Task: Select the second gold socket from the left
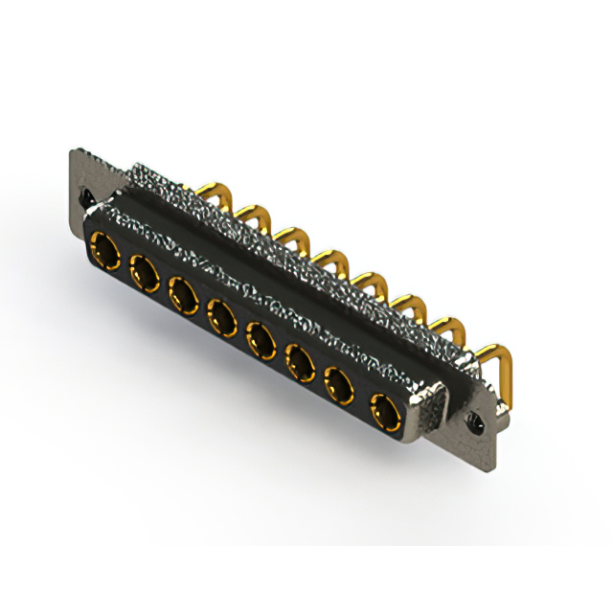point(144,273)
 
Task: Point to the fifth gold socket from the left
point(261,336)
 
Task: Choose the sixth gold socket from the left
point(301,362)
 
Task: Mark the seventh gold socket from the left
point(341,385)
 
